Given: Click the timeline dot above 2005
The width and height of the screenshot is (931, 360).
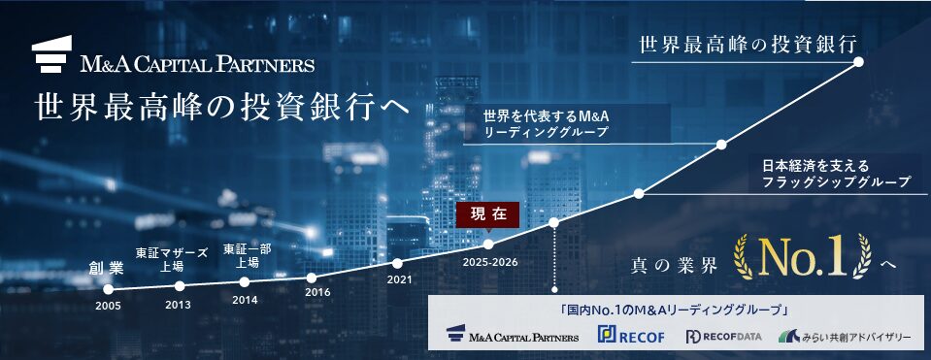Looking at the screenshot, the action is tap(108, 289).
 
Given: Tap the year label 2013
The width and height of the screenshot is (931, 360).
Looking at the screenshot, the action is tap(178, 305).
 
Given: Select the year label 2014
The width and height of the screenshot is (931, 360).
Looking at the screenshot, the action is tap(245, 300).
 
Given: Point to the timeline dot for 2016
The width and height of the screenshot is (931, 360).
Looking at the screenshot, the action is tap(312, 278).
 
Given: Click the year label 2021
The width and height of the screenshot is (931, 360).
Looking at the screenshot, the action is tap(399, 278).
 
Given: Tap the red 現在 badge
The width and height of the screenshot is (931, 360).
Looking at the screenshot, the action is tap(487, 214).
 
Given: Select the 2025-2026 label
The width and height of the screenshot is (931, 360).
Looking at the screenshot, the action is tap(490, 262).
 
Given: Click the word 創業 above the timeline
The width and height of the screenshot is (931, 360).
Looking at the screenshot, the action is tap(107, 268).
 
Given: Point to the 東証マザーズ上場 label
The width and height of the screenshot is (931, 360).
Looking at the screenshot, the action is tap(172, 259).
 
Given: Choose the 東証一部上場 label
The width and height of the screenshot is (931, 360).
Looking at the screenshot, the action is tap(248, 255).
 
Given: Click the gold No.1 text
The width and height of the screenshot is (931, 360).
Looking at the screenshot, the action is tap(803, 258).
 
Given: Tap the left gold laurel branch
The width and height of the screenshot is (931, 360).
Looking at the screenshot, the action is tap(745, 257).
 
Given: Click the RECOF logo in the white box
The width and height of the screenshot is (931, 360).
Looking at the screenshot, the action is tap(631, 336).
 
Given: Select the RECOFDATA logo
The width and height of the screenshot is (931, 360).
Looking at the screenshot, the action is tap(723, 337).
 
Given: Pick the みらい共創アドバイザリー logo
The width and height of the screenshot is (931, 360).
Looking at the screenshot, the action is tap(845, 337).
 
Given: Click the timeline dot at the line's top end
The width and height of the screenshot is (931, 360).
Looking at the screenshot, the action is tap(858, 62).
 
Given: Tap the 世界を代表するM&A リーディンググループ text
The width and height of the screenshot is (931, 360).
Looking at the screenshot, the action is tap(547, 123).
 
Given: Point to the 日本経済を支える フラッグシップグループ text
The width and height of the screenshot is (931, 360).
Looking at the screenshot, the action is tap(836, 173).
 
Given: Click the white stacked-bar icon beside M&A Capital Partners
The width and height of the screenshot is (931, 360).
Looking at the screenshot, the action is tap(51, 54).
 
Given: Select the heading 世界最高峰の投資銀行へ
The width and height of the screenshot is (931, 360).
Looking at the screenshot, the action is tap(222, 107).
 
